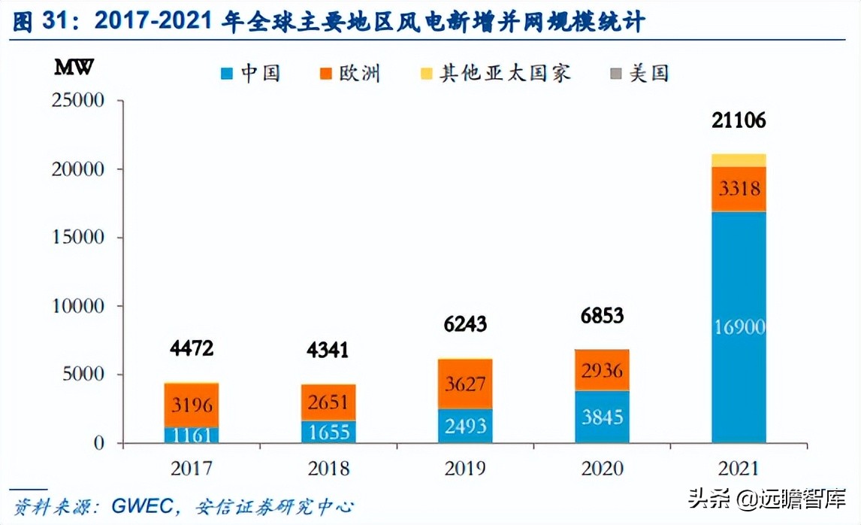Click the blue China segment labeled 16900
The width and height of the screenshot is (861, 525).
(x=738, y=327)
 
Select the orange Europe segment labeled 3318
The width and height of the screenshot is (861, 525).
(x=738, y=189)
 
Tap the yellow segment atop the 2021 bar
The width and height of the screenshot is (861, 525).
(x=738, y=159)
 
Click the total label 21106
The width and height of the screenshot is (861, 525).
(x=738, y=120)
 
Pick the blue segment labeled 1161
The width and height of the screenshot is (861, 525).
(x=191, y=435)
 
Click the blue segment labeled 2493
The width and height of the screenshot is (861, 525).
(x=464, y=426)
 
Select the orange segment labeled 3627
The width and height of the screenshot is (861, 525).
(x=464, y=384)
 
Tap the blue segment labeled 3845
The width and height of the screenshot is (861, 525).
(x=602, y=417)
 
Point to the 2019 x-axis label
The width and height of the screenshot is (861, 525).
(x=465, y=469)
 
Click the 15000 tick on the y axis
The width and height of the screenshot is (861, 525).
(x=77, y=238)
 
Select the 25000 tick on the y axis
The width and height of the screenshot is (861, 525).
(x=77, y=100)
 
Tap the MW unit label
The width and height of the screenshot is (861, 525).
(x=74, y=66)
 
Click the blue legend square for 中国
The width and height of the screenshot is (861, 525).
(x=226, y=73)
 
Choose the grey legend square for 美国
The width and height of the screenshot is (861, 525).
(x=615, y=73)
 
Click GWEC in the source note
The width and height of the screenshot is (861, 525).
(x=138, y=506)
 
